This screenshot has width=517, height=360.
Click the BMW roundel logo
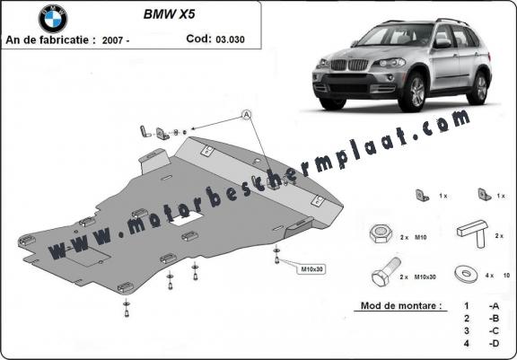(53, 19)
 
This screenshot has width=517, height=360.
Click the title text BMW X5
(169, 14)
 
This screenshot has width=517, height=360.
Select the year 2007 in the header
(113, 40)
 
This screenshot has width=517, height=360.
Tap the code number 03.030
(230, 40)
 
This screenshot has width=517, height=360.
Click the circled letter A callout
(246, 115)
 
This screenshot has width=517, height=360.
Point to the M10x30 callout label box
(311, 269)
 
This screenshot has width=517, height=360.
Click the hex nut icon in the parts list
(381, 233)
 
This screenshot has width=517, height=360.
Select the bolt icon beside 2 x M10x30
(386, 272)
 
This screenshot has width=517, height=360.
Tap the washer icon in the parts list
(466, 273)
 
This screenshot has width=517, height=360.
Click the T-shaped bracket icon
(473, 233)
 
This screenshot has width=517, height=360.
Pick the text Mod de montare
(401, 305)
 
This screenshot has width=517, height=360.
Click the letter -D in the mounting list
(494, 343)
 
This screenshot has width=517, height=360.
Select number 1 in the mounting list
(466, 306)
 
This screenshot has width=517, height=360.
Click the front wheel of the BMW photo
(412, 92)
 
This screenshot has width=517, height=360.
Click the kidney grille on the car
(349, 65)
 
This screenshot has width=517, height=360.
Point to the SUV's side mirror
(443, 43)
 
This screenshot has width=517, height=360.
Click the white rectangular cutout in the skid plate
(187, 218)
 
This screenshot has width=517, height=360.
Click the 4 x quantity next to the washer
(489, 276)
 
